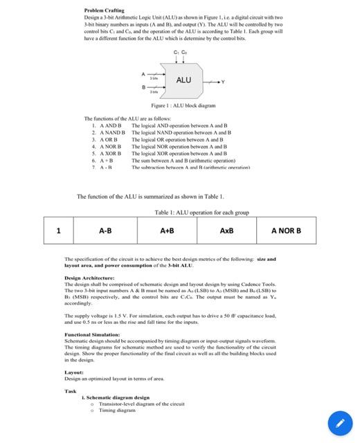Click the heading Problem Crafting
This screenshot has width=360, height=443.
click(x=104, y=10)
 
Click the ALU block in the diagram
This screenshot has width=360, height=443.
click(x=183, y=80)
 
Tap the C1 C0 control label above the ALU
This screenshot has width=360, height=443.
click(x=180, y=53)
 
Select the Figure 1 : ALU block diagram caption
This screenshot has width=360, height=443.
click(x=183, y=106)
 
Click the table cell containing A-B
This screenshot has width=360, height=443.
click(x=105, y=230)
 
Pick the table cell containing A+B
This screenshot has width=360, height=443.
click(x=167, y=230)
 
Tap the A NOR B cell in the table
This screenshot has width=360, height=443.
click(x=286, y=230)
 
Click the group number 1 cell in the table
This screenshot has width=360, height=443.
click(x=59, y=230)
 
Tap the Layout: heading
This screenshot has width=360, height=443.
click(x=74, y=372)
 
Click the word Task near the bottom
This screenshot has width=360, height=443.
click(x=71, y=391)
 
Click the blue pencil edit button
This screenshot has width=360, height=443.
click(x=339, y=422)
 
